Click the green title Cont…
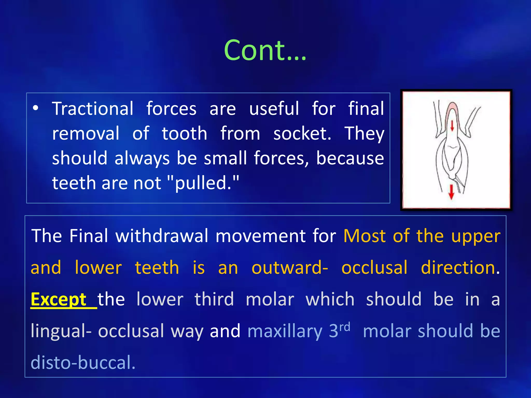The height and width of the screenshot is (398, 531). click(265, 50)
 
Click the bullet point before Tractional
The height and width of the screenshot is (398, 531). click(36, 109)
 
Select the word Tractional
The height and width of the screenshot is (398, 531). click(93, 109)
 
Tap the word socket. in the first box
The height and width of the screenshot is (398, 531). click(302, 134)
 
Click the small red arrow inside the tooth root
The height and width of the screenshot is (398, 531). click(452, 126)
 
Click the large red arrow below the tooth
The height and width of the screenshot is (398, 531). click(451, 192)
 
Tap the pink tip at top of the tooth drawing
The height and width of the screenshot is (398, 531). click(452, 107)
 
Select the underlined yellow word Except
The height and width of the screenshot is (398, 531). click(59, 300)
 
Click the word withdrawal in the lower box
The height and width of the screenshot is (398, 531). click(162, 236)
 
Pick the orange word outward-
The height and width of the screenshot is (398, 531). click(290, 268)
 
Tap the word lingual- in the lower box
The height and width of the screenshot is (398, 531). click(61, 331)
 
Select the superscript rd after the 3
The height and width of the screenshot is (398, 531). click(345, 327)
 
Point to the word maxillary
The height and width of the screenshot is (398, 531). click(285, 331)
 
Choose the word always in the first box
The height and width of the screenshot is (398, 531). click(142, 158)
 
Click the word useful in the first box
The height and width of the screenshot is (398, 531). click(274, 109)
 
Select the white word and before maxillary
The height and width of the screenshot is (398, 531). click(225, 331)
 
